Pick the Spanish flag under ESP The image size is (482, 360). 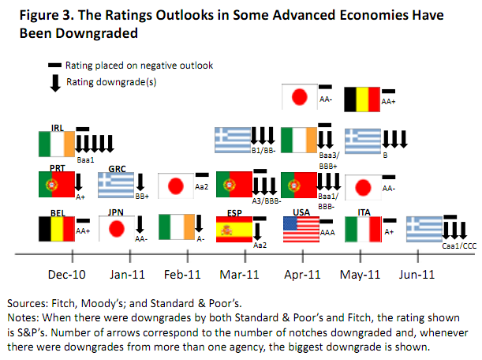234,228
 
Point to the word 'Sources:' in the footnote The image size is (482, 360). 28,302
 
